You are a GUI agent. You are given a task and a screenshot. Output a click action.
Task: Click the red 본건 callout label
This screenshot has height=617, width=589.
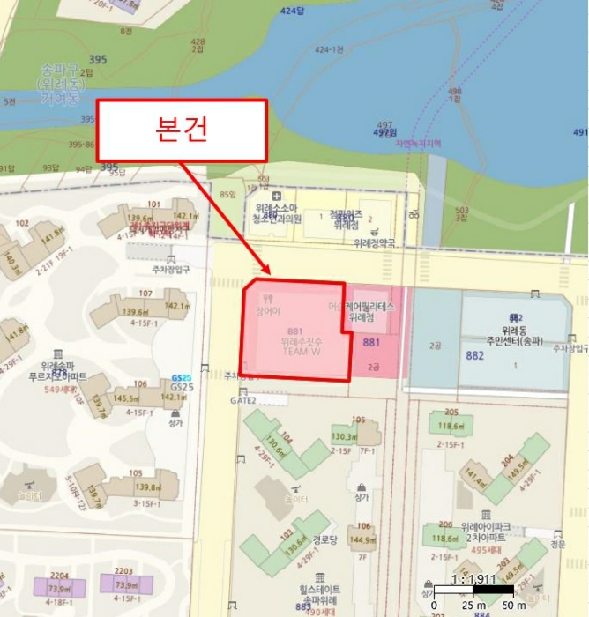181,130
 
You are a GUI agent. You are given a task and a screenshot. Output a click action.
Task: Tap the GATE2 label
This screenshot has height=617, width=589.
242,399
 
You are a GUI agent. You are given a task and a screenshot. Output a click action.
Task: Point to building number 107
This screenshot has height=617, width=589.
145,294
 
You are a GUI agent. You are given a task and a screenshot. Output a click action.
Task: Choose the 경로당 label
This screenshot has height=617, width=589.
325,539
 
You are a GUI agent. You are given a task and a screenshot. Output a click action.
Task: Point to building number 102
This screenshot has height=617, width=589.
22,223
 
